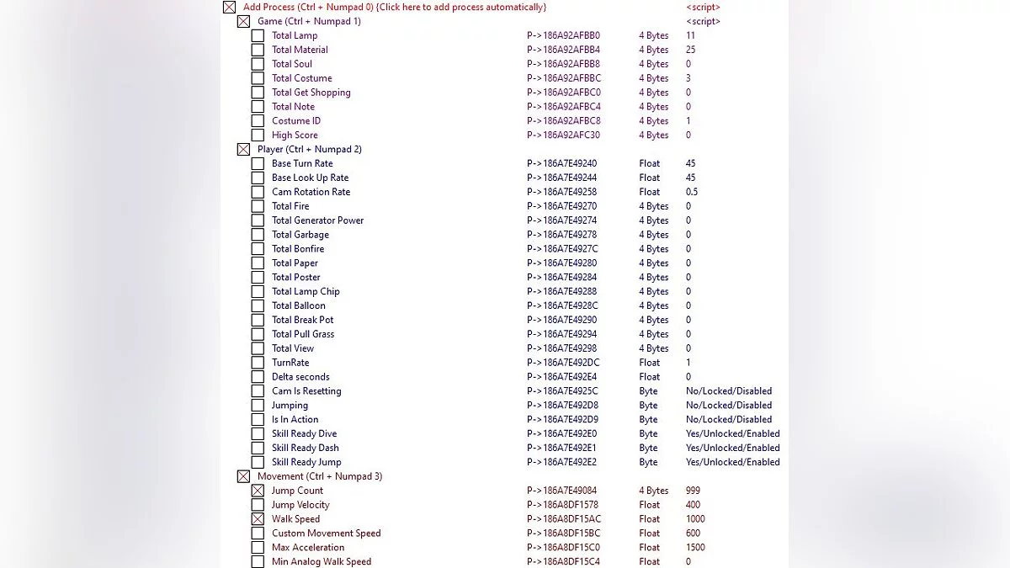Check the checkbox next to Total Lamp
click(x=258, y=35)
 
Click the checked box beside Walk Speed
click(x=258, y=519)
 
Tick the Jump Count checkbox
click(x=258, y=491)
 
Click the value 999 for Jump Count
click(x=693, y=491)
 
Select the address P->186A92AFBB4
click(x=564, y=50)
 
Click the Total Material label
click(x=300, y=50)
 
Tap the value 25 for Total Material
click(x=691, y=50)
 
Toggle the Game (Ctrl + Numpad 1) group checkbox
click(x=243, y=21)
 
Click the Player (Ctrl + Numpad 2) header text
click(x=310, y=149)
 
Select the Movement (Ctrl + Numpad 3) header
click(x=320, y=476)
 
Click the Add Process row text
click(x=395, y=7)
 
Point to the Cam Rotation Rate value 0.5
click(x=692, y=192)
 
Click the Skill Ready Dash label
click(x=305, y=448)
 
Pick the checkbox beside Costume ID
click(x=258, y=121)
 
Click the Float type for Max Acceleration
click(x=650, y=548)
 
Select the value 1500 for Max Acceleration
click(x=695, y=548)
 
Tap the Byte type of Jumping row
click(x=648, y=406)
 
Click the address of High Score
click(x=564, y=135)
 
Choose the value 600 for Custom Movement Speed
click(x=694, y=533)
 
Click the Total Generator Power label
click(x=317, y=220)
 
